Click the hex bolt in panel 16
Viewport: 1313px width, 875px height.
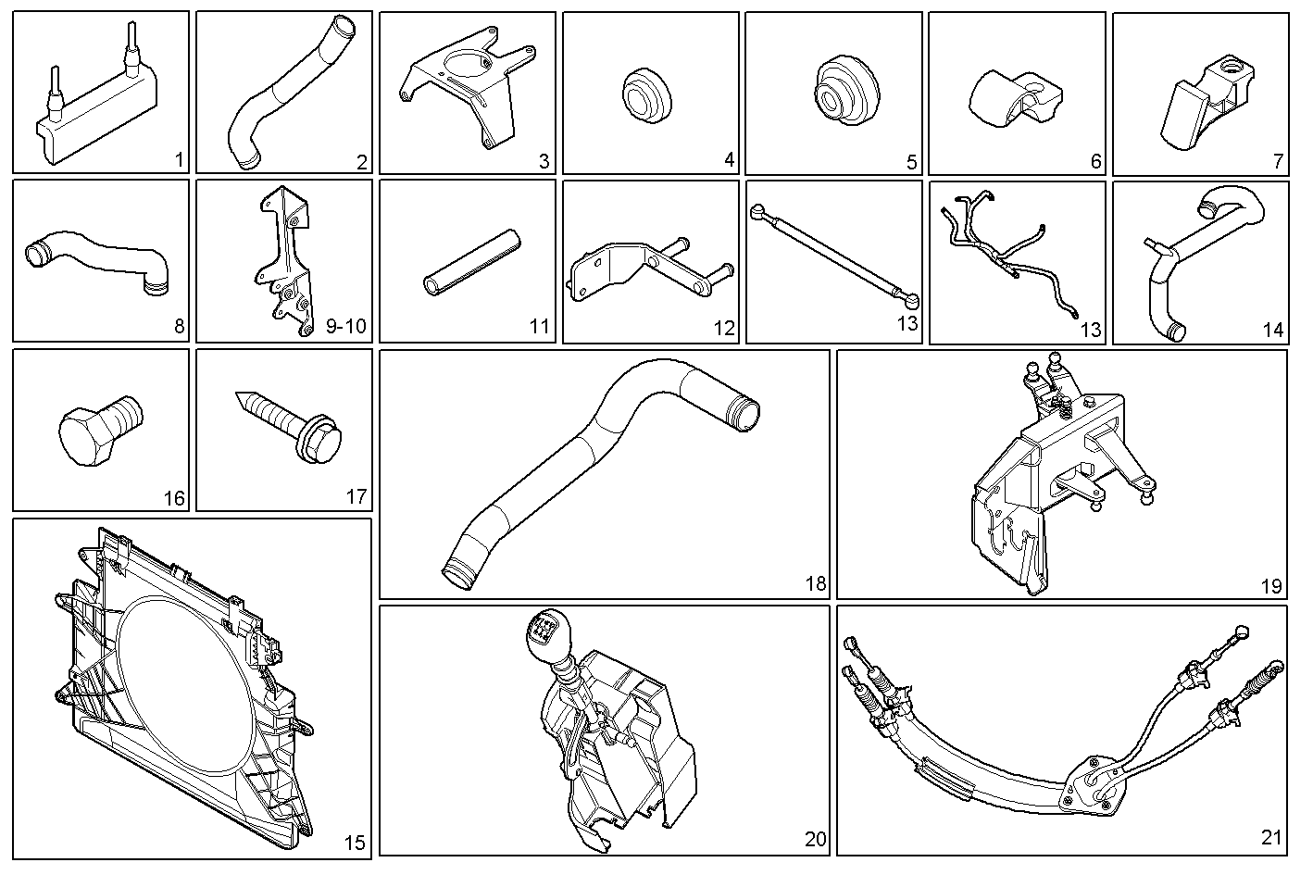100,429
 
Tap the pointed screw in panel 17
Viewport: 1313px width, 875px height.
288,426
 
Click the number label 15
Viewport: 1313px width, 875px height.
354,843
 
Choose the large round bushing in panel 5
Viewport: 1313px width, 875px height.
847,91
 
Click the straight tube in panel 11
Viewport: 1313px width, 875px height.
472,263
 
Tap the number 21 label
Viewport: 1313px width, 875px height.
1271,837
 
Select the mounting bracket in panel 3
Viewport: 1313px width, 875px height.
469,88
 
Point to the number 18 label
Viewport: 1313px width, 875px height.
816,583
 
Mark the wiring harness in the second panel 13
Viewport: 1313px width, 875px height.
1008,252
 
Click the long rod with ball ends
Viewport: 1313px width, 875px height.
834,256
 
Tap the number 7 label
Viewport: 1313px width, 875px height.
1278,161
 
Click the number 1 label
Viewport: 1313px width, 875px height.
179,160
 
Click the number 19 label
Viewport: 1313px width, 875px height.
1271,586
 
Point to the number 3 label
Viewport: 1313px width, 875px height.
544,161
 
